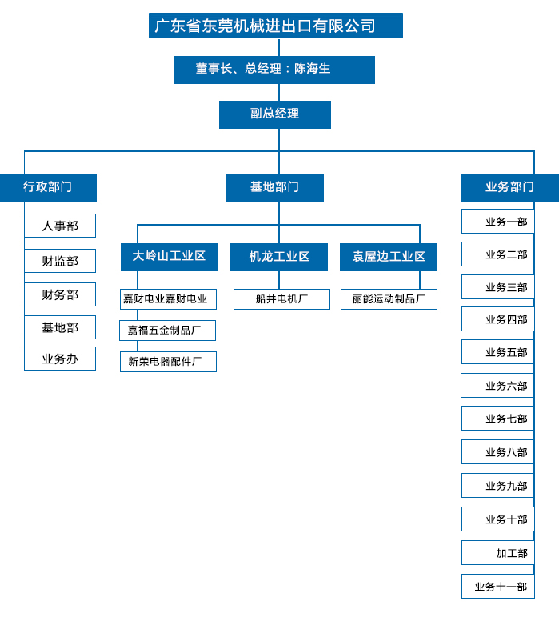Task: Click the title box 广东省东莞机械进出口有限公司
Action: (x=275, y=26)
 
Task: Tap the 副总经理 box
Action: (x=274, y=114)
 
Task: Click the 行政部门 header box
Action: (x=48, y=188)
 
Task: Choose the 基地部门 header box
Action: (x=274, y=188)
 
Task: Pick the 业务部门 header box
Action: (x=509, y=188)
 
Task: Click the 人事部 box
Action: (x=60, y=226)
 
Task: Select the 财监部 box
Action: (x=60, y=261)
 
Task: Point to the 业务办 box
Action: (x=60, y=359)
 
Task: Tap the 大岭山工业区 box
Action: (x=169, y=257)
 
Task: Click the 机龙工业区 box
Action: (x=278, y=257)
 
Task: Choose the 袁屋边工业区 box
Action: (x=388, y=257)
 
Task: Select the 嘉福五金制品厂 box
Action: (x=167, y=331)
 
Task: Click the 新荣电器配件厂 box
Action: (x=168, y=362)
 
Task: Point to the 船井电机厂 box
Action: (x=281, y=299)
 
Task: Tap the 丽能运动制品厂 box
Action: (x=389, y=299)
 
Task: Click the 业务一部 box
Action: (x=497, y=222)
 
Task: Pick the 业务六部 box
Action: (x=497, y=386)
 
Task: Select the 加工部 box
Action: (x=497, y=553)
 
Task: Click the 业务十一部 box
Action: (x=497, y=587)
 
